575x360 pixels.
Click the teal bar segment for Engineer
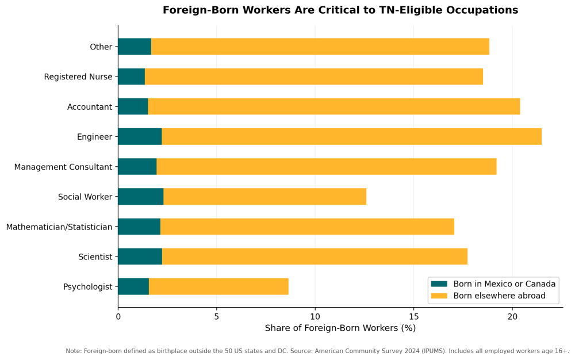coord(140,136)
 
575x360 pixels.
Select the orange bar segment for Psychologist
coord(218,286)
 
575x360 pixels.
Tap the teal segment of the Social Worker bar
coord(140,197)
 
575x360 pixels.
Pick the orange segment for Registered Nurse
coord(313,76)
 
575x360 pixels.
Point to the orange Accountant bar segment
coord(333,106)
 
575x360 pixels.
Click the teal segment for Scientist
coord(140,256)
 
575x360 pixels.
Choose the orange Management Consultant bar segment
coord(326,167)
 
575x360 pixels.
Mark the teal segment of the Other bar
coord(135,47)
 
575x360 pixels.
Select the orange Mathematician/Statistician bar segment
coord(307,227)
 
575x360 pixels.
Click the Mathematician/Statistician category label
coord(59,227)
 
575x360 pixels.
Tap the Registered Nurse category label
coord(78,77)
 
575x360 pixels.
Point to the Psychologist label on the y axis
coord(87,287)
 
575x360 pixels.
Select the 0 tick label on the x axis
coord(118,316)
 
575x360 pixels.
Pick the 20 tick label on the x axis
coord(512,316)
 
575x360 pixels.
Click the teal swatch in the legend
coord(439,284)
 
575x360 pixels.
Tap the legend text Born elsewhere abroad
coord(499,296)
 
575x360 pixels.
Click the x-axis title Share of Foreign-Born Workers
coord(340,328)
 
